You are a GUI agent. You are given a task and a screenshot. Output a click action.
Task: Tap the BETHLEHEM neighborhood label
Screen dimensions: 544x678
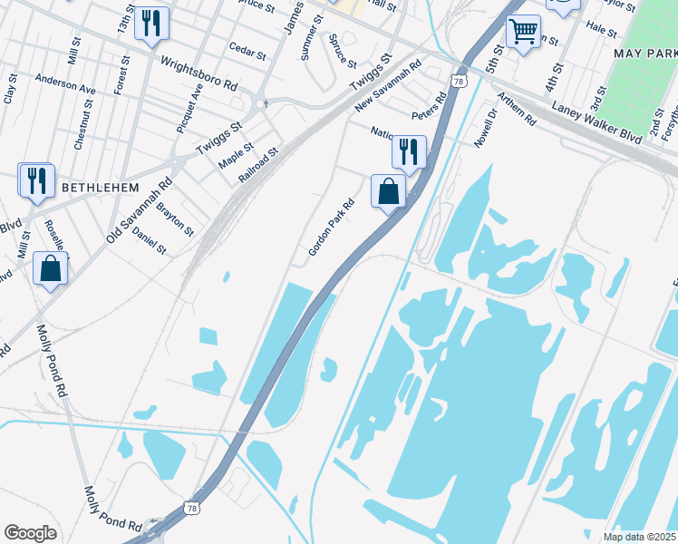tap(100, 188)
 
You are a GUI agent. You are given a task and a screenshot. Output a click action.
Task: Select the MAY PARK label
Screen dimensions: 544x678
tap(644, 53)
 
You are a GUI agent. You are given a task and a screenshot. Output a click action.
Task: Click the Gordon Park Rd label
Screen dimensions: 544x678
tap(330, 227)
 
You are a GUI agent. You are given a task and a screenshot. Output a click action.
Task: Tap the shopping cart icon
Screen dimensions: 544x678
tap(523, 32)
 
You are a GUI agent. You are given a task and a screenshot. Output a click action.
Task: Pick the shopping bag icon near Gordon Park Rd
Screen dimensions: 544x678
tap(388, 191)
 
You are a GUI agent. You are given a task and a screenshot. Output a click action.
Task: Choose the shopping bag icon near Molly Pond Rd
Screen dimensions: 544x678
tap(51, 268)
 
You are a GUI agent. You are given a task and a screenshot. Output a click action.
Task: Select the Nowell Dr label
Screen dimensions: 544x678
tap(487, 128)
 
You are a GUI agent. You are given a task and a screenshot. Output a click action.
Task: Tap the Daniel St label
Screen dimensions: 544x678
tap(150, 241)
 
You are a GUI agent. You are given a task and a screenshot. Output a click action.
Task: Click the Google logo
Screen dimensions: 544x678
tap(30, 532)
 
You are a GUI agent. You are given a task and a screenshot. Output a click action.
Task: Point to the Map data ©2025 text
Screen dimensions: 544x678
tap(639, 537)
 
